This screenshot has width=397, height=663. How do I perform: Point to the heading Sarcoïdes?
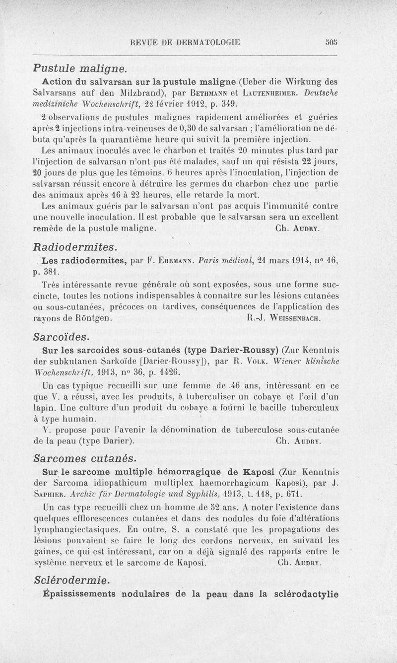62,337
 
